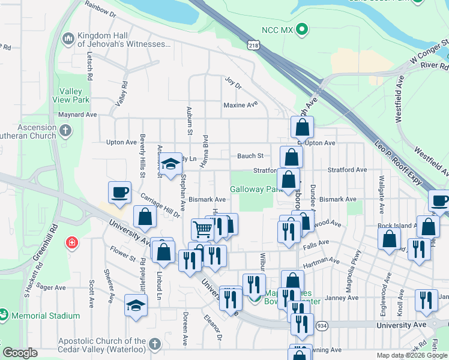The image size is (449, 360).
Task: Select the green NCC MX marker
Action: click(303, 29)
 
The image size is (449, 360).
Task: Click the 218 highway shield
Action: click(255, 45)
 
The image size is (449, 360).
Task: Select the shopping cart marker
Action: click(202, 229)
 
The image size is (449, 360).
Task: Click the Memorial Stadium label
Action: click(44, 316)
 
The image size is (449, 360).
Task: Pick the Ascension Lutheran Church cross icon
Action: click(67, 129)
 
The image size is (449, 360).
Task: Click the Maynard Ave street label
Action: click(77, 114)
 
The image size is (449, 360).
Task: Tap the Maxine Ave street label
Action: click(240, 104)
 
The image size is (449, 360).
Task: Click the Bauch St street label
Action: click(250, 155)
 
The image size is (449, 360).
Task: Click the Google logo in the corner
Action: click(20, 353)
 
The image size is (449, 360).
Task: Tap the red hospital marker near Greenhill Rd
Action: click(71, 242)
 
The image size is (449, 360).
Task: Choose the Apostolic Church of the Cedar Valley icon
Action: click(155, 344)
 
